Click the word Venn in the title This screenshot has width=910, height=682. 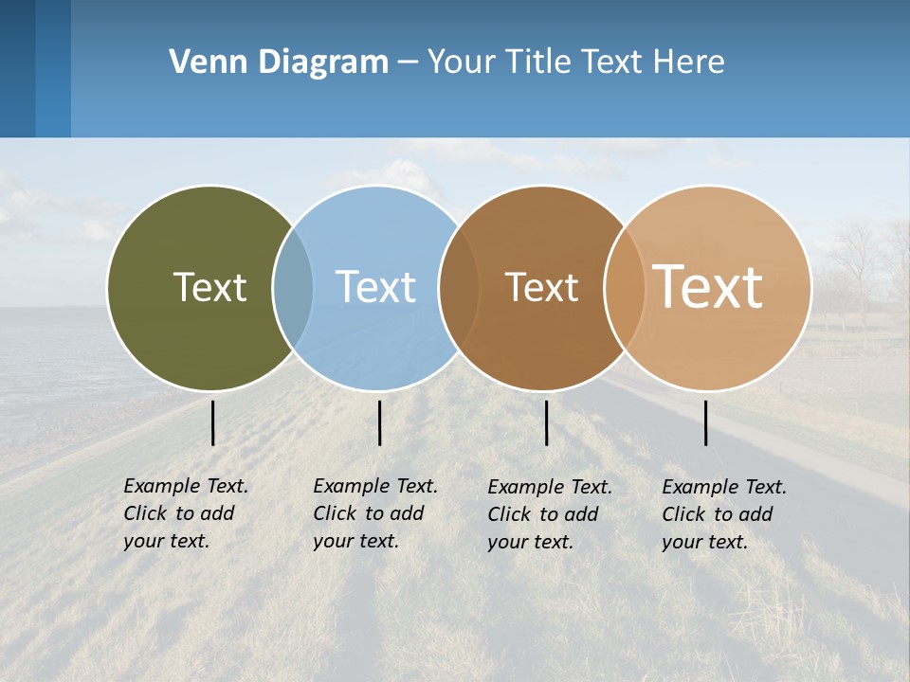coord(203,63)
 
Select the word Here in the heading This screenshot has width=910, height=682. coord(688,63)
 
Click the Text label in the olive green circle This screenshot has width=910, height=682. coord(209,287)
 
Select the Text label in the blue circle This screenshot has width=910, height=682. coord(375,287)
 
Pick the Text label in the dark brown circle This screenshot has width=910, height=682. coord(541,288)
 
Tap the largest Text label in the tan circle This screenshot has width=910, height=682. coord(708,286)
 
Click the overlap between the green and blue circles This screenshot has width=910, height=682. coord(294,288)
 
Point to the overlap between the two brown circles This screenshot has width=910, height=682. coord(624,288)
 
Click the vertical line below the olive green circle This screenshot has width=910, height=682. coord(213,422)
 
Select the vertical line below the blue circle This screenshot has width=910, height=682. coord(379,422)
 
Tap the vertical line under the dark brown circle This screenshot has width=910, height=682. coord(546,422)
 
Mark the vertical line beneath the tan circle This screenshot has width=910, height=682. coord(706,422)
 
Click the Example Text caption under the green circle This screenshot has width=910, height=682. coord(186,513)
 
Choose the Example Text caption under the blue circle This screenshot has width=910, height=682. coord(375,513)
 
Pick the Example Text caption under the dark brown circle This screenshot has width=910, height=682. coord(550,514)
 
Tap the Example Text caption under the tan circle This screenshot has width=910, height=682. coord(724,514)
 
